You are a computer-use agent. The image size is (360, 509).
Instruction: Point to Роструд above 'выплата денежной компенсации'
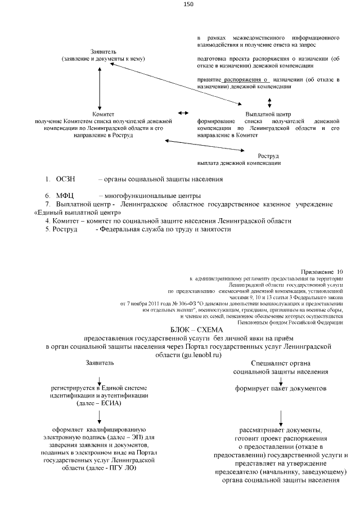click(268, 156)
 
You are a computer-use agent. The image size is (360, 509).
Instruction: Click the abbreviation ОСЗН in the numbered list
click(66, 179)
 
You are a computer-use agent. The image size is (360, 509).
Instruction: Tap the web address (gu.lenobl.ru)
click(197, 355)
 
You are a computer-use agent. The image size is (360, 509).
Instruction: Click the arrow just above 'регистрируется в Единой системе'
click(100, 380)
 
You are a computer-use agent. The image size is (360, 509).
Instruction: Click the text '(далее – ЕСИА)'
click(100, 403)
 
